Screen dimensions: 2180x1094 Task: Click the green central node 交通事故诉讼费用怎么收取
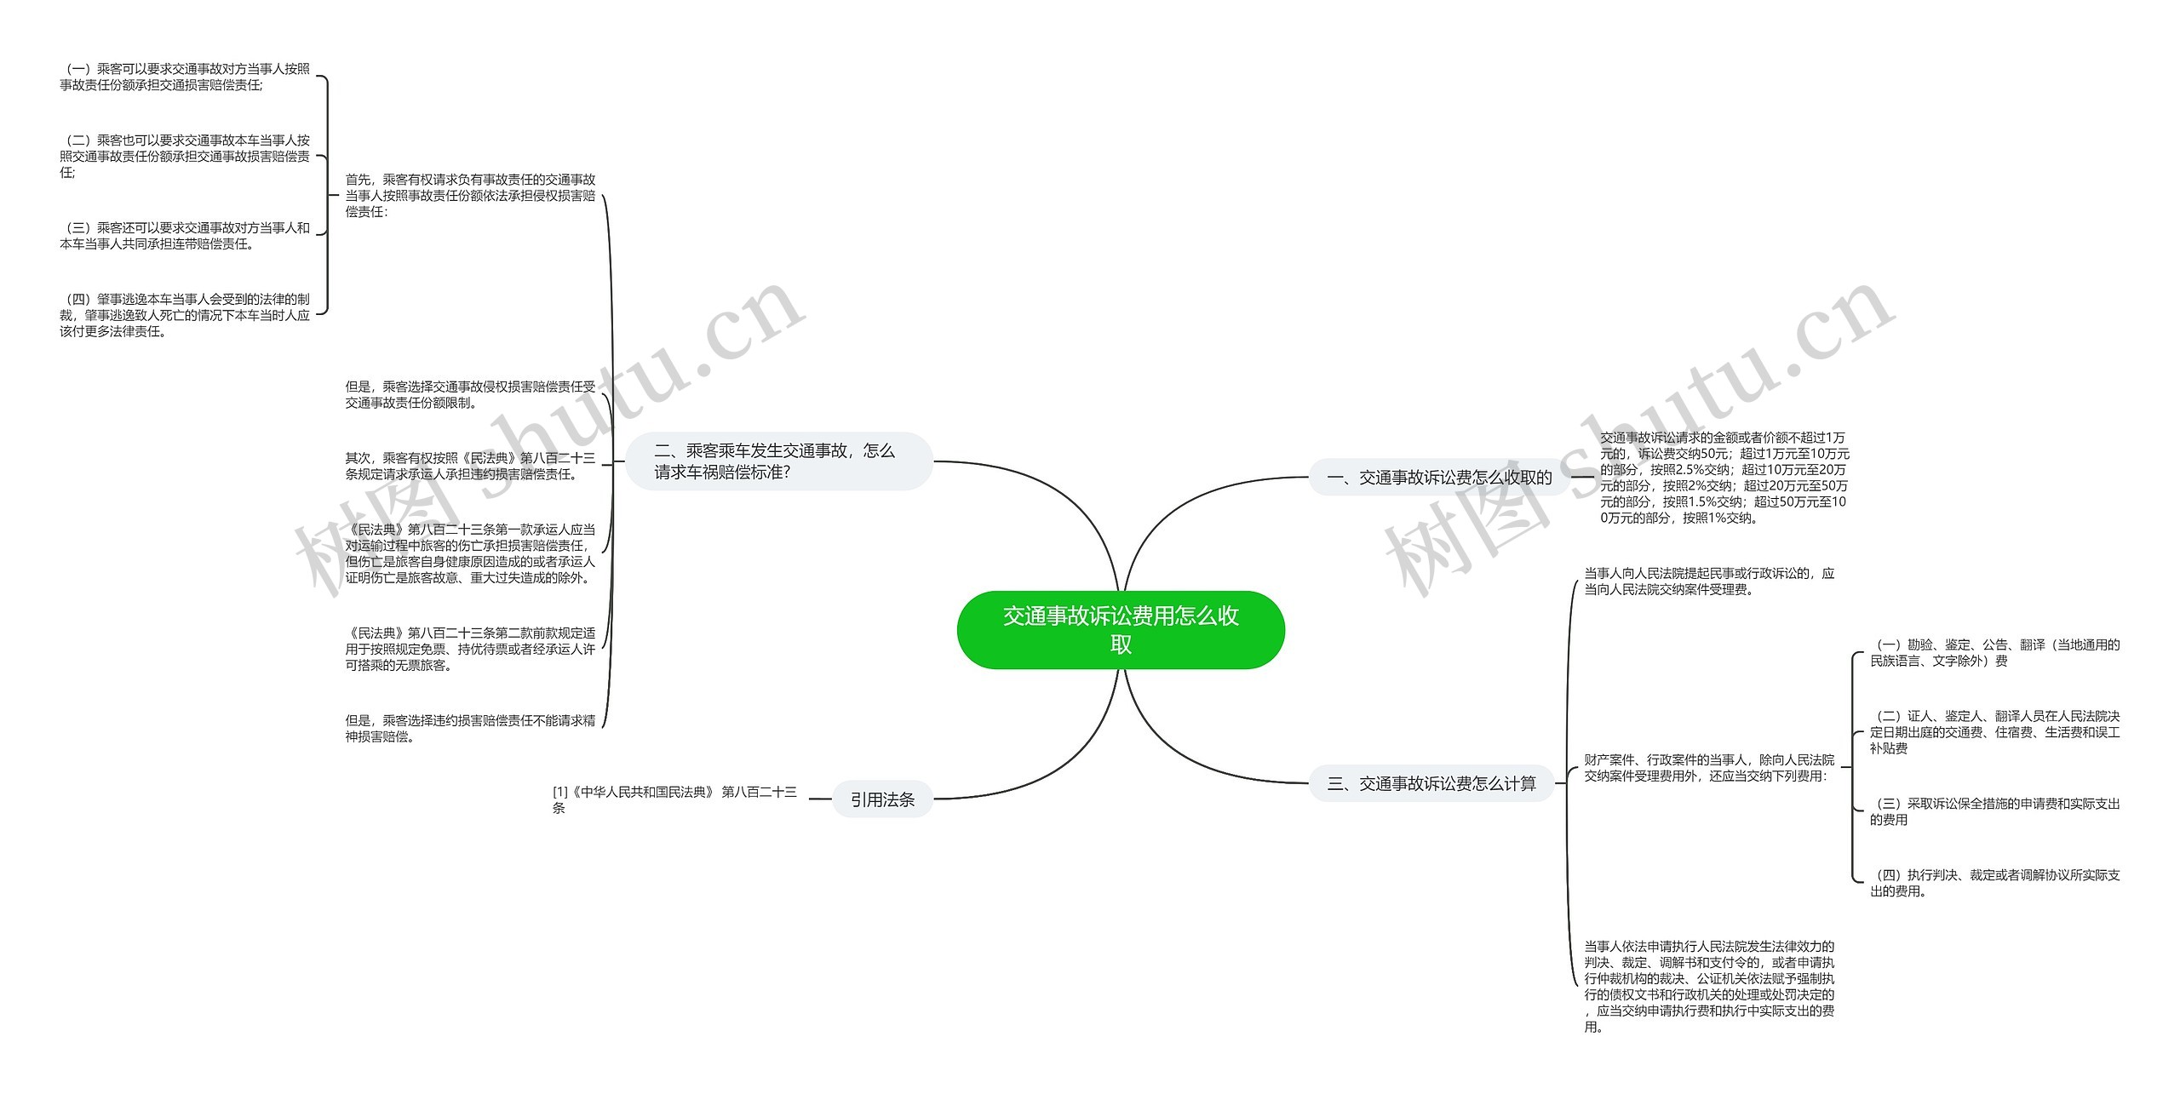click(1120, 630)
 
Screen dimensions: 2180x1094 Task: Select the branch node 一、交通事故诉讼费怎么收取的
click(1439, 478)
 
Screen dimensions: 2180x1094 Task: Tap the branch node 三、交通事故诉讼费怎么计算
click(1431, 783)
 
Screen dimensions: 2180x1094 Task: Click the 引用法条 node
click(882, 799)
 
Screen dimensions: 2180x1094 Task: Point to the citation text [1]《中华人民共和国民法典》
click(674, 799)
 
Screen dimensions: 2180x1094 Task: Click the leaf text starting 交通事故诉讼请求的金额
click(1724, 478)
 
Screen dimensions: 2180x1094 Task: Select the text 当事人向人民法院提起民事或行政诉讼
click(1708, 581)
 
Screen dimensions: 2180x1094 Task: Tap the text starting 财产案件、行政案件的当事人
click(1708, 767)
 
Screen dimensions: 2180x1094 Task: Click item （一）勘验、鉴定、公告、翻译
click(1994, 653)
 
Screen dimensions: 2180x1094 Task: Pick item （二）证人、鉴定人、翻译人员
click(1994, 732)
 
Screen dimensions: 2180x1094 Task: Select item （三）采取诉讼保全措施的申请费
click(1994, 811)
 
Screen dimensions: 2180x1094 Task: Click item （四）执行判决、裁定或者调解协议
click(1994, 883)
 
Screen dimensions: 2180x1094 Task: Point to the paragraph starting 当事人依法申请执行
click(1708, 986)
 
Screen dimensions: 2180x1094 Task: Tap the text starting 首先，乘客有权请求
click(470, 196)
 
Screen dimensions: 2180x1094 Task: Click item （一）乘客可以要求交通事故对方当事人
click(185, 77)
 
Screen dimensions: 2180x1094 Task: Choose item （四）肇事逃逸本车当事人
click(185, 315)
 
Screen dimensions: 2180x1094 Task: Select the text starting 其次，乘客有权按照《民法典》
click(470, 466)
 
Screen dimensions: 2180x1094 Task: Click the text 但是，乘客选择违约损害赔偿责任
click(470, 728)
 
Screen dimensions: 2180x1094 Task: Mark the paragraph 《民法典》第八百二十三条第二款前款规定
click(470, 649)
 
